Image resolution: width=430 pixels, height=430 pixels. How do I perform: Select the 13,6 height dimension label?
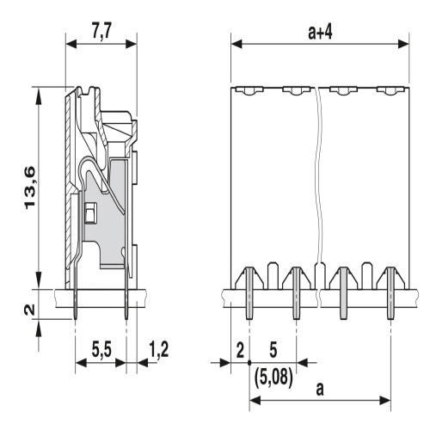click(x=30, y=187)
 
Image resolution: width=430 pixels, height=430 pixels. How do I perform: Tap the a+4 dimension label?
click(x=320, y=32)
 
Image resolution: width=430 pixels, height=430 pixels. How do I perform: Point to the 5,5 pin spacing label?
click(x=101, y=350)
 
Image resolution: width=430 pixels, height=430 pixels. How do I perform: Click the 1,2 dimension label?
click(x=158, y=350)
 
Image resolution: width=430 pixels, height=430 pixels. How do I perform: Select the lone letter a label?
click(x=320, y=389)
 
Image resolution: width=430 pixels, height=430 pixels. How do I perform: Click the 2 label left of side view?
click(x=30, y=310)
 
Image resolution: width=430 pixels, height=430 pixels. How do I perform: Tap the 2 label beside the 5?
click(x=240, y=350)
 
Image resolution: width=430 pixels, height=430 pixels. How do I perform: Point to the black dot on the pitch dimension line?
click(x=249, y=363)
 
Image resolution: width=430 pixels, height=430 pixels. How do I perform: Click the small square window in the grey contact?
click(x=90, y=212)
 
